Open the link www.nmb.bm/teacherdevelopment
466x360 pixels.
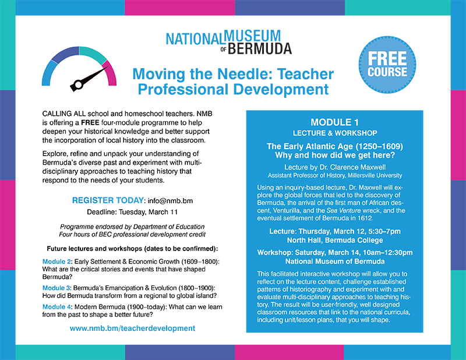pos(132,329)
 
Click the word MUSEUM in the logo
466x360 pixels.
pos(252,36)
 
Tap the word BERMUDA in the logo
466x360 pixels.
pos(260,49)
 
